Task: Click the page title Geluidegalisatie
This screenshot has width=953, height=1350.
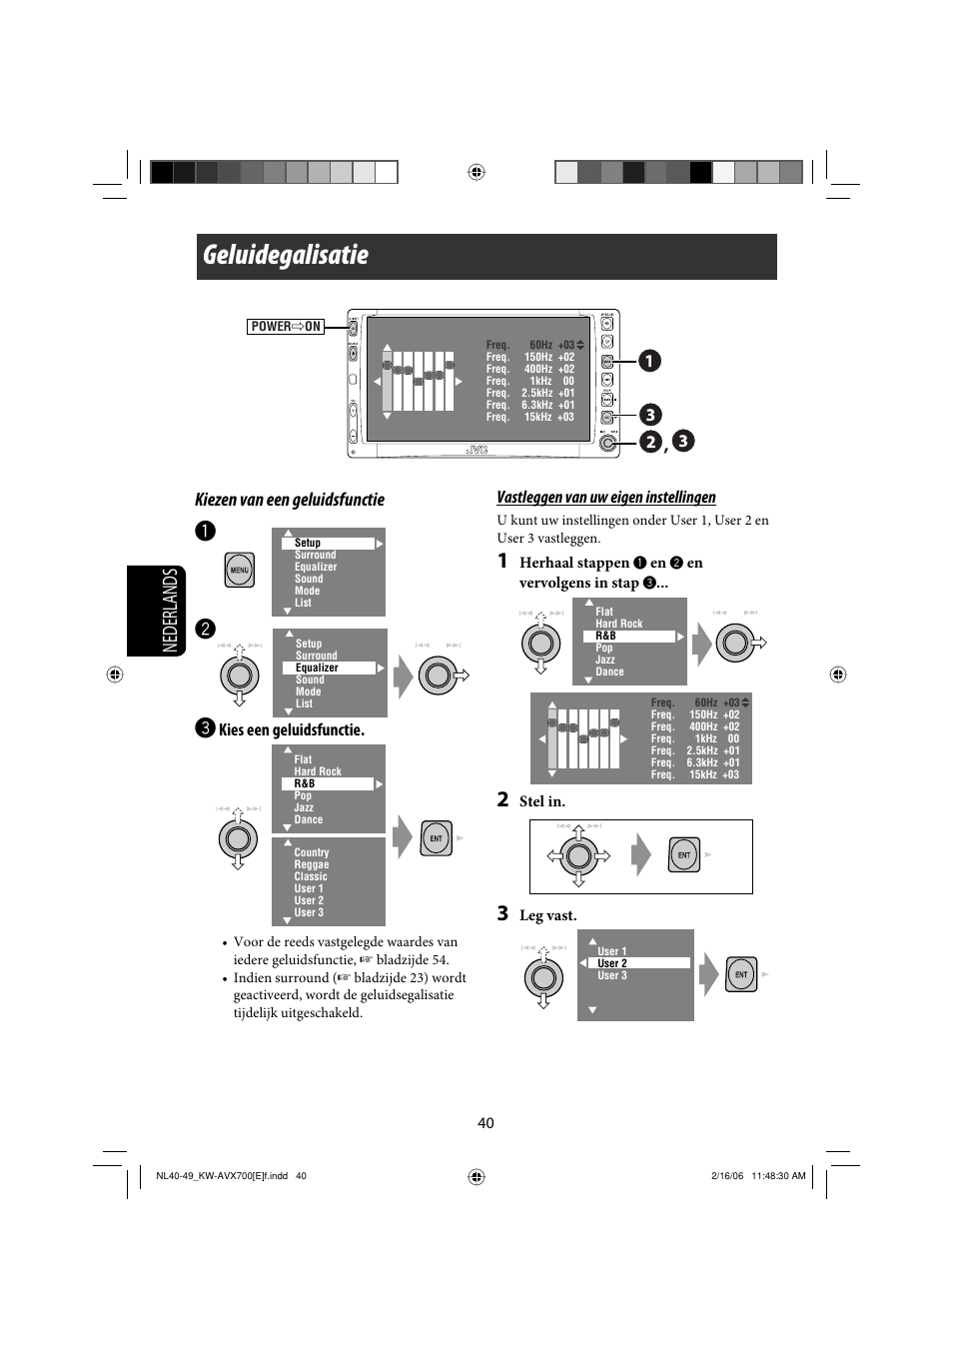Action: [x=286, y=256]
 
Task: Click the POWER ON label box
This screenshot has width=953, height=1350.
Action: [x=286, y=327]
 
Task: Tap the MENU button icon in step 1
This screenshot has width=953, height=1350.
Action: [x=239, y=570]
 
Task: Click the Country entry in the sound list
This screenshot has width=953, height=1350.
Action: [x=312, y=853]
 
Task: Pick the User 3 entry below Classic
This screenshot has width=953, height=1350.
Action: [x=309, y=912]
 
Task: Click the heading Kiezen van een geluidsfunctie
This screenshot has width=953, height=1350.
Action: [x=290, y=500]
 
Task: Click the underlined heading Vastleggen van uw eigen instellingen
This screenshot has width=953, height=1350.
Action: [x=606, y=498]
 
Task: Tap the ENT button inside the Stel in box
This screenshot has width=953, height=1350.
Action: [x=684, y=855]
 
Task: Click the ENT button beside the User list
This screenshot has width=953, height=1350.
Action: [x=741, y=974]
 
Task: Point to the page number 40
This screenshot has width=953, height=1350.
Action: [x=485, y=1123]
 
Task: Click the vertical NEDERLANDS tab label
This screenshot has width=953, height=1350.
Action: [x=170, y=611]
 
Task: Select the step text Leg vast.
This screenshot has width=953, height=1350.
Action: [x=547, y=915]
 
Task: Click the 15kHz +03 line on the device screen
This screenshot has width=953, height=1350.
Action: [x=530, y=418]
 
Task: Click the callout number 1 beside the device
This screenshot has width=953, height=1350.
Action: [x=649, y=361]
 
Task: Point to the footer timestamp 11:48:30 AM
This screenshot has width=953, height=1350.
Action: [x=778, y=1176]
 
